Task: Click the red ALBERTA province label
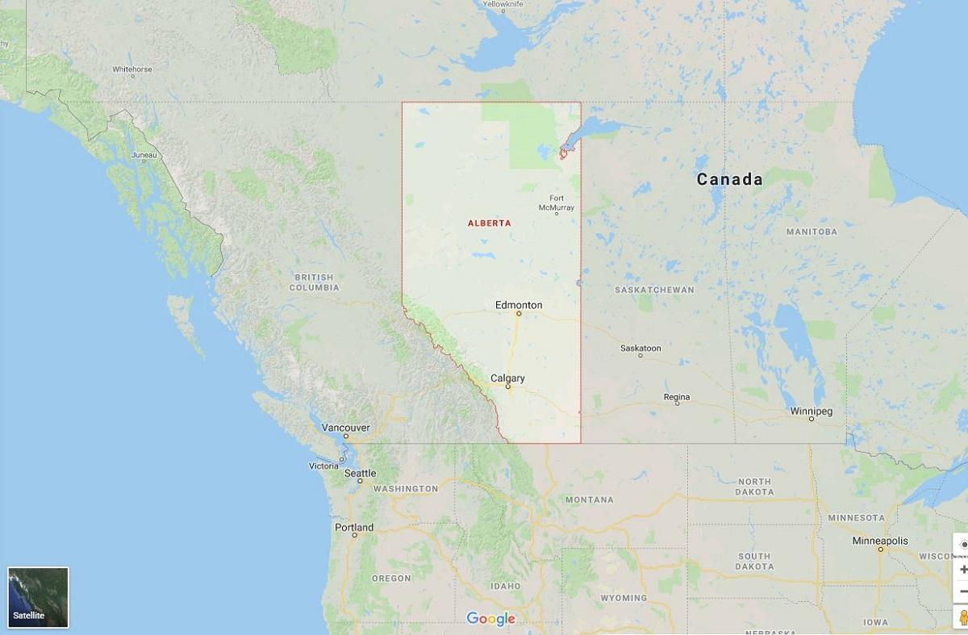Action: click(489, 223)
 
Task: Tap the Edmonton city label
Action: click(519, 305)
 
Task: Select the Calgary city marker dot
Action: click(508, 386)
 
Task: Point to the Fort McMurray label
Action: click(557, 203)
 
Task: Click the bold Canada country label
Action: click(729, 179)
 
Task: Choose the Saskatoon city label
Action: click(640, 349)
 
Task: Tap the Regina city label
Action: click(677, 397)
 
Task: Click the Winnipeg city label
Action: click(811, 411)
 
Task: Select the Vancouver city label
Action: click(345, 427)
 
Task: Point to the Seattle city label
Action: click(360, 474)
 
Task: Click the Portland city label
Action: click(354, 528)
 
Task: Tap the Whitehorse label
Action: click(132, 69)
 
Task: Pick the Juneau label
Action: click(144, 154)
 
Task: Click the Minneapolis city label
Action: click(880, 541)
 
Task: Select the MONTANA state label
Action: click(589, 499)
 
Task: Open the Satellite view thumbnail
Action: click(38, 597)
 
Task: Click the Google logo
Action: click(490, 619)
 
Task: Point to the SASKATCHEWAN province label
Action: click(654, 290)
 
